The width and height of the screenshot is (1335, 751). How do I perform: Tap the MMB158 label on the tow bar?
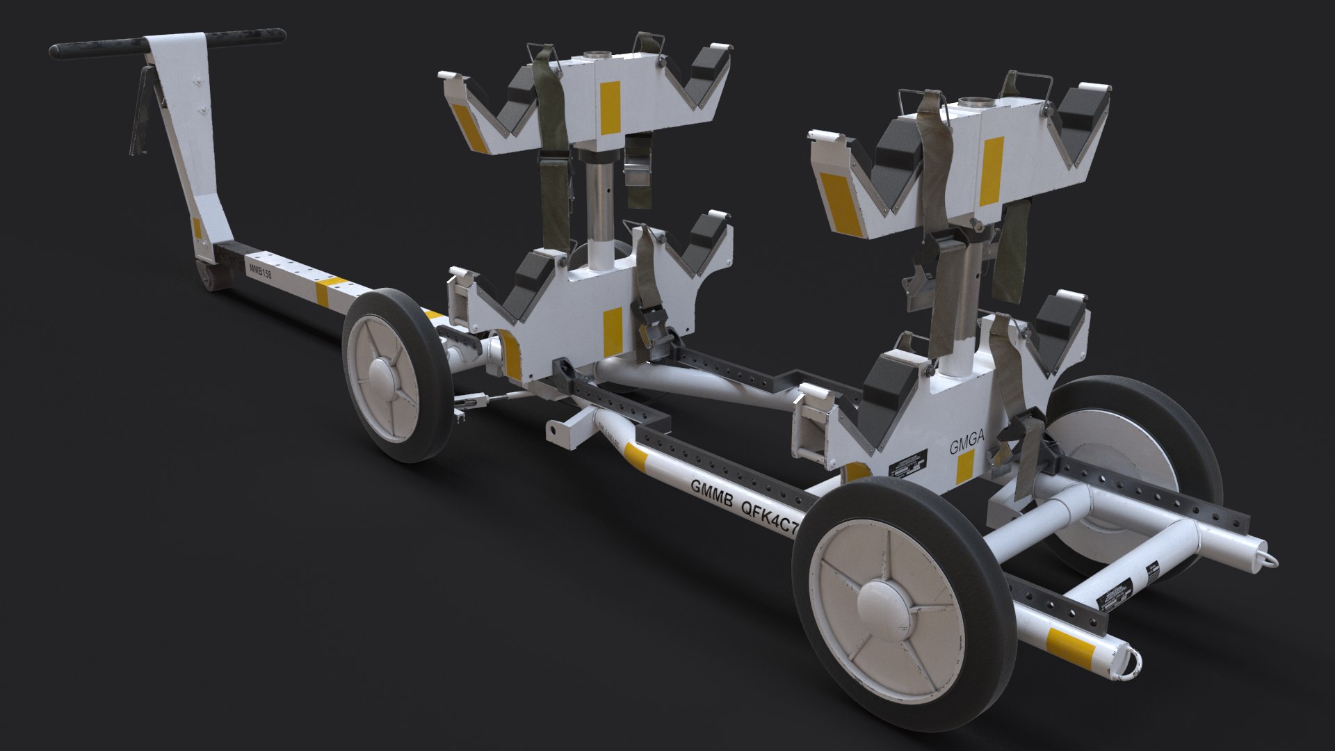(259, 270)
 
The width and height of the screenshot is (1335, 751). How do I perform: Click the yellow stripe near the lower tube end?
(1071, 638)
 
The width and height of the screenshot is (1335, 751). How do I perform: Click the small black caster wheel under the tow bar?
(211, 278)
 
